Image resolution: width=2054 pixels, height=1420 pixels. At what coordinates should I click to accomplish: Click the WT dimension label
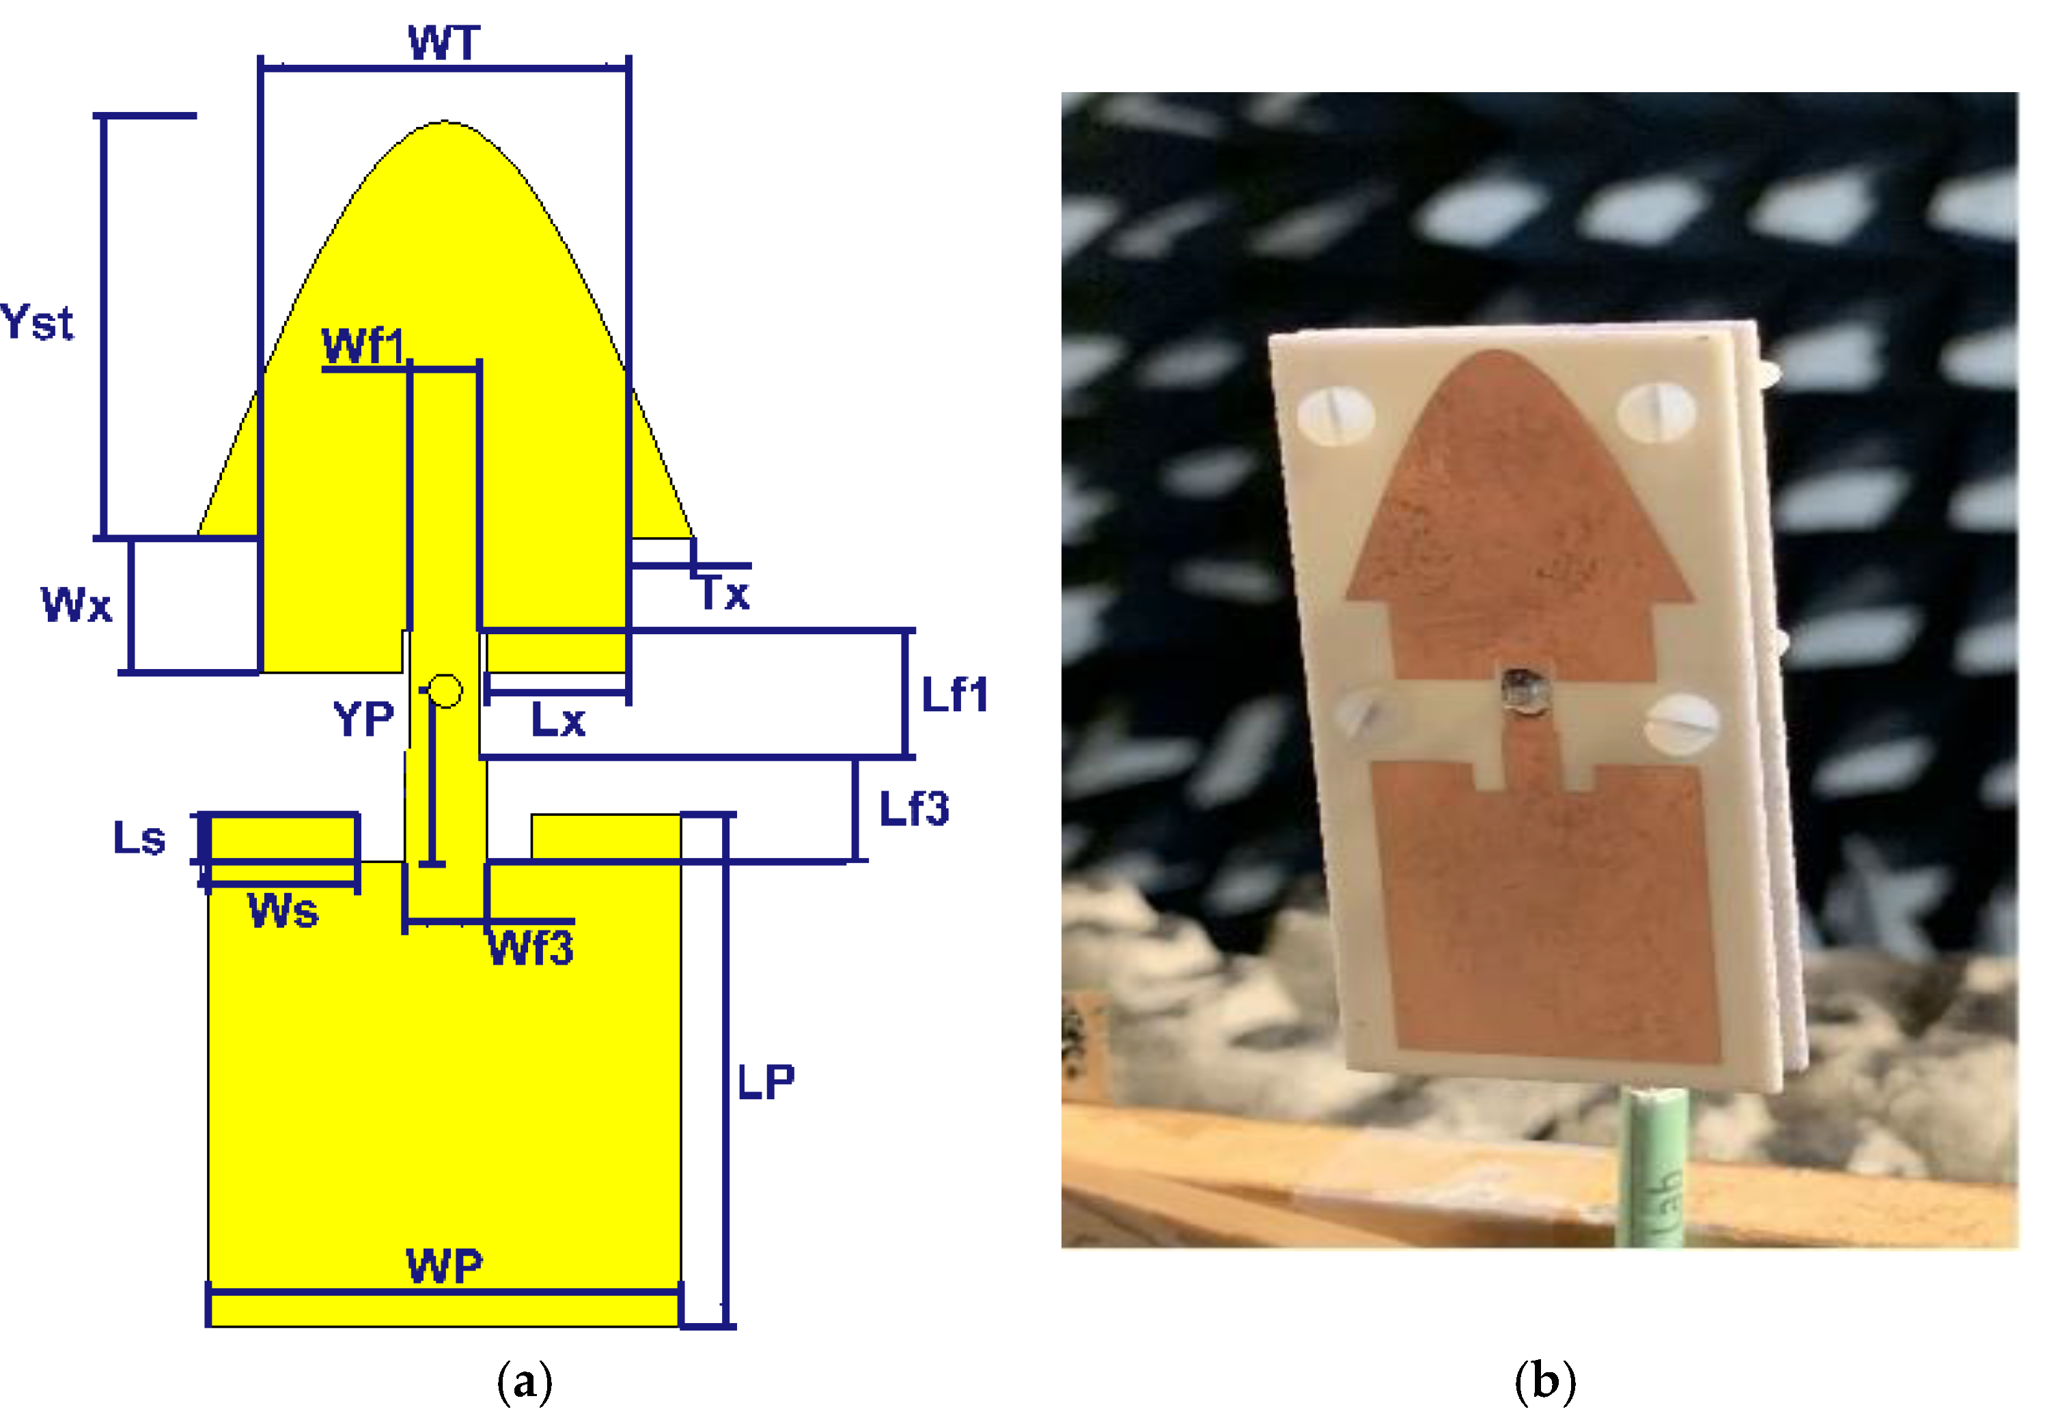coord(444,43)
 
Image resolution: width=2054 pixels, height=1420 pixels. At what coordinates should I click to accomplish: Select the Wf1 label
coord(362,345)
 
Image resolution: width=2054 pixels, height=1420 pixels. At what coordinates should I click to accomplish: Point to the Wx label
coord(77,605)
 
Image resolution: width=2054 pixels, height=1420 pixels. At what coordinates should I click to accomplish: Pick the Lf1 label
coord(954,695)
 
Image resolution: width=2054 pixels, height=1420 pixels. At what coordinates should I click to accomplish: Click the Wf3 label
coord(531,948)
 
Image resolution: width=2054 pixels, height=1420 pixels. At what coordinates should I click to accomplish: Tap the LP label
coord(765,1083)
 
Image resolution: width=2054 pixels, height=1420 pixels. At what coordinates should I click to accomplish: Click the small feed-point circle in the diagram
coord(445,690)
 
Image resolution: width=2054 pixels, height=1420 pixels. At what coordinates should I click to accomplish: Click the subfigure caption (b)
coord(1545,1382)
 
